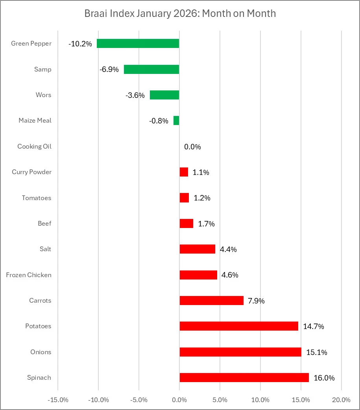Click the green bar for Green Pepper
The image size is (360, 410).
pyautogui.click(x=138, y=44)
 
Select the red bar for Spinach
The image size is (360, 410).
pyautogui.click(x=244, y=378)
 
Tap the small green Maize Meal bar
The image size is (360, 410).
pyautogui.click(x=176, y=121)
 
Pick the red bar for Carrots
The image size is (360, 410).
pyautogui.click(x=212, y=301)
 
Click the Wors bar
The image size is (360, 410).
pyautogui.click(x=164, y=95)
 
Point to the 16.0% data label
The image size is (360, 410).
pyautogui.click(x=324, y=378)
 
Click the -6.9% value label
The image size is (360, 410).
pyautogui.click(x=109, y=70)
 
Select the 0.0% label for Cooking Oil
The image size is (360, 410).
pyautogui.click(x=192, y=147)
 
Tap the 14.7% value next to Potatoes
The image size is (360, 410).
pyautogui.click(x=314, y=327)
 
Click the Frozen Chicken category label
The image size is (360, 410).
pyautogui.click(x=29, y=275)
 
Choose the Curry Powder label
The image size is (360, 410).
pyautogui.click(x=31, y=172)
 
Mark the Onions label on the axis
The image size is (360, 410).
pyautogui.click(x=41, y=352)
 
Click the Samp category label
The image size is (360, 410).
pyautogui.click(x=43, y=70)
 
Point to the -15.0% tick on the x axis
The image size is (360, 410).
pyautogui.click(x=58, y=400)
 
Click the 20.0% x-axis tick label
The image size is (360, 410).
pyautogui.click(x=341, y=400)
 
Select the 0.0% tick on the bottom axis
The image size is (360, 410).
pyautogui.click(x=179, y=400)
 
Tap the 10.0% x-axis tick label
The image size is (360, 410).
pyautogui.click(x=260, y=400)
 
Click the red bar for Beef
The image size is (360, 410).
pyautogui.click(x=186, y=224)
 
